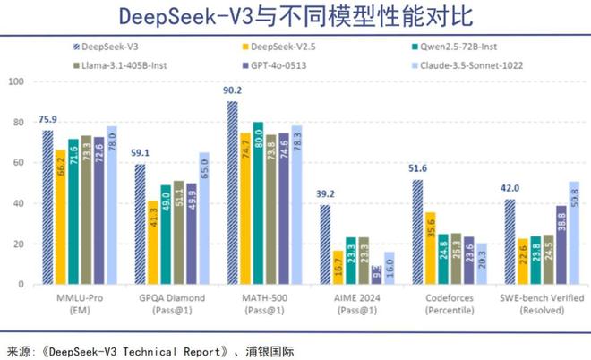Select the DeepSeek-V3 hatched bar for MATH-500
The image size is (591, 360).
(232, 193)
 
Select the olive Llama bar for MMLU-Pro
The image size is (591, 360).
(86, 210)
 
